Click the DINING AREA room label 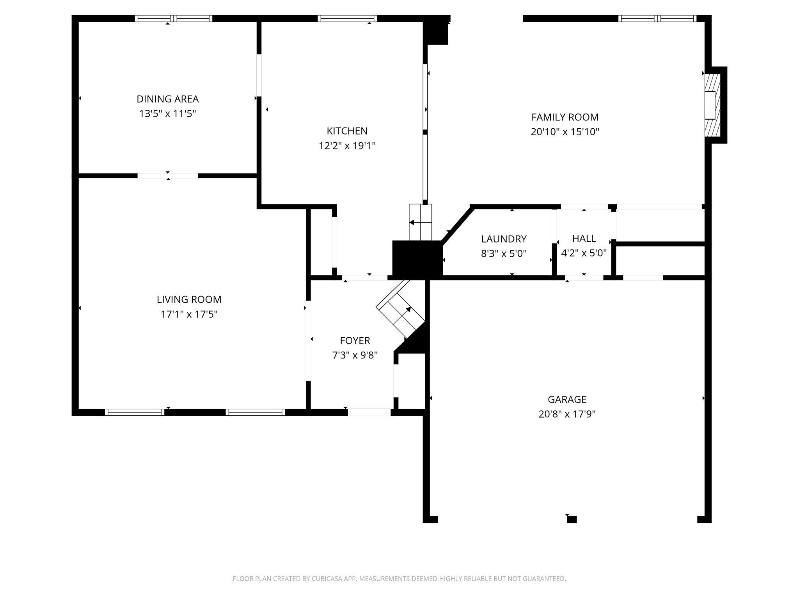click(x=167, y=99)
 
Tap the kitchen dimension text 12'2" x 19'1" click(x=347, y=146)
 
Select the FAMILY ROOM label click(x=565, y=117)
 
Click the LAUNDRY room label click(x=504, y=239)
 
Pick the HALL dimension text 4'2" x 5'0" click(x=584, y=253)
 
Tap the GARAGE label click(x=567, y=399)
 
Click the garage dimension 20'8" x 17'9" click(x=567, y=414)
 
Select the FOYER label click(x=355, y=341)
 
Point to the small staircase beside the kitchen click(x=420, y=222)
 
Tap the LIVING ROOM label click(x=189, y=299)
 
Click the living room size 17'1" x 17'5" click(x=189, y=314)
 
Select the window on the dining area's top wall click(x=174, y=18)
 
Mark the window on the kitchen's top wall click(x=347, y=18)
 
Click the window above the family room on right click(x=657, y=18)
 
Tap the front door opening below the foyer click(x=369, y=412)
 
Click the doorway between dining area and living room click(x=168, y=176)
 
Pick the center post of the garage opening click(x=572, y=519)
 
